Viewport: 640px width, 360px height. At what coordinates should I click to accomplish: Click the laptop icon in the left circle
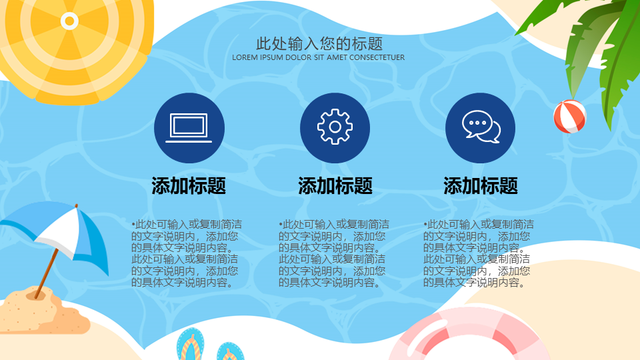point(189,128)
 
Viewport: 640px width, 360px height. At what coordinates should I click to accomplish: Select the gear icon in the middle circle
point(335,127)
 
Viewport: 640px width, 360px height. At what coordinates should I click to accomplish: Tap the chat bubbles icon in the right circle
point(481,127)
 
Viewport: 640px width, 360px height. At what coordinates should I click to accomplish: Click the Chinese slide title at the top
point(319,43)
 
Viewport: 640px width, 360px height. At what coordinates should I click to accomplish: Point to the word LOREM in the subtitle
point(245,57)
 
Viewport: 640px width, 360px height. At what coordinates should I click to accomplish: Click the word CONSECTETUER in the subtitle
point(377,57)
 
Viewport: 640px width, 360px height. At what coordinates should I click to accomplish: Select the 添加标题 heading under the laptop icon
point(189,186)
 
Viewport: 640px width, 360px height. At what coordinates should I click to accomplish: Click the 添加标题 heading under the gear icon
point(335,186)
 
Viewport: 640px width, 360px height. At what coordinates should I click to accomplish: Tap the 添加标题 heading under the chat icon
point(481,186)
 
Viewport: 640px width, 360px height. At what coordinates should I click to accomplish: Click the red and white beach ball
point(570,117)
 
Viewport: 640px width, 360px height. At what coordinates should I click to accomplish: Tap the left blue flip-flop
point(190,345)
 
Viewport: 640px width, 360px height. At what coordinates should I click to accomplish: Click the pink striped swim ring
point(469,335)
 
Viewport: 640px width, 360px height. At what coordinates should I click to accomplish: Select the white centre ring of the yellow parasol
point(69,21)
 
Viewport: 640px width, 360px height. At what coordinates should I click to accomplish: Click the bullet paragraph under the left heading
point(187,253)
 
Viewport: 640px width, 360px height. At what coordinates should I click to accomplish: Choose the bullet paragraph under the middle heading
point(334,253)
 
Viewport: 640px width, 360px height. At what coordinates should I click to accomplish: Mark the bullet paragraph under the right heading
point(479,253)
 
